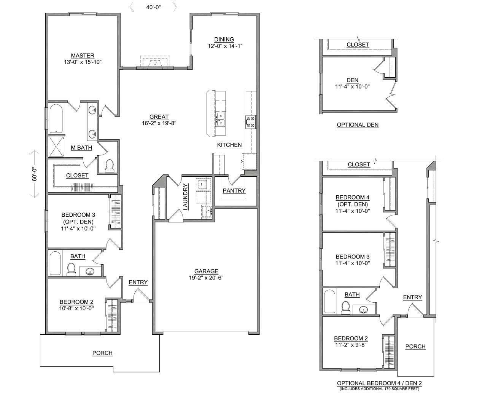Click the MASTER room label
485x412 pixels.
[x=83, y=56]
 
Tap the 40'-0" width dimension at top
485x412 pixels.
[x=153, y=6]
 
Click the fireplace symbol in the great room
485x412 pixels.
[x=155, y=62]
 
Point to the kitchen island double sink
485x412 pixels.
[x=220, y=119]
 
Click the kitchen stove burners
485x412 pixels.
[x=251, y=122]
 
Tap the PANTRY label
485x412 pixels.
[x=234, y=190]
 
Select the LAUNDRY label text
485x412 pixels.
[x=186, y=197]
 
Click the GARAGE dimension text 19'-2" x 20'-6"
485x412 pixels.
[x=206, y=278]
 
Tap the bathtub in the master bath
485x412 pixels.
[x=56, y=118]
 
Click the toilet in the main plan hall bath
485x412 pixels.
[x=71, y=269]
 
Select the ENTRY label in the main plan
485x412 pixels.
[x=138, y=282]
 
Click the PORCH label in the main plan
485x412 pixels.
[x=102, y=353]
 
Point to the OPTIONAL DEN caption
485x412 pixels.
[x=358, y=125]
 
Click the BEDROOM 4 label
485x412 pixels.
[x=352, y=197]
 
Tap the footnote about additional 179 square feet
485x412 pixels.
[x=379, y=389]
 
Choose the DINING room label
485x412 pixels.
[x=224, y=39]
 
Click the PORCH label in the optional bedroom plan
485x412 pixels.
[x=415, y=347]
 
